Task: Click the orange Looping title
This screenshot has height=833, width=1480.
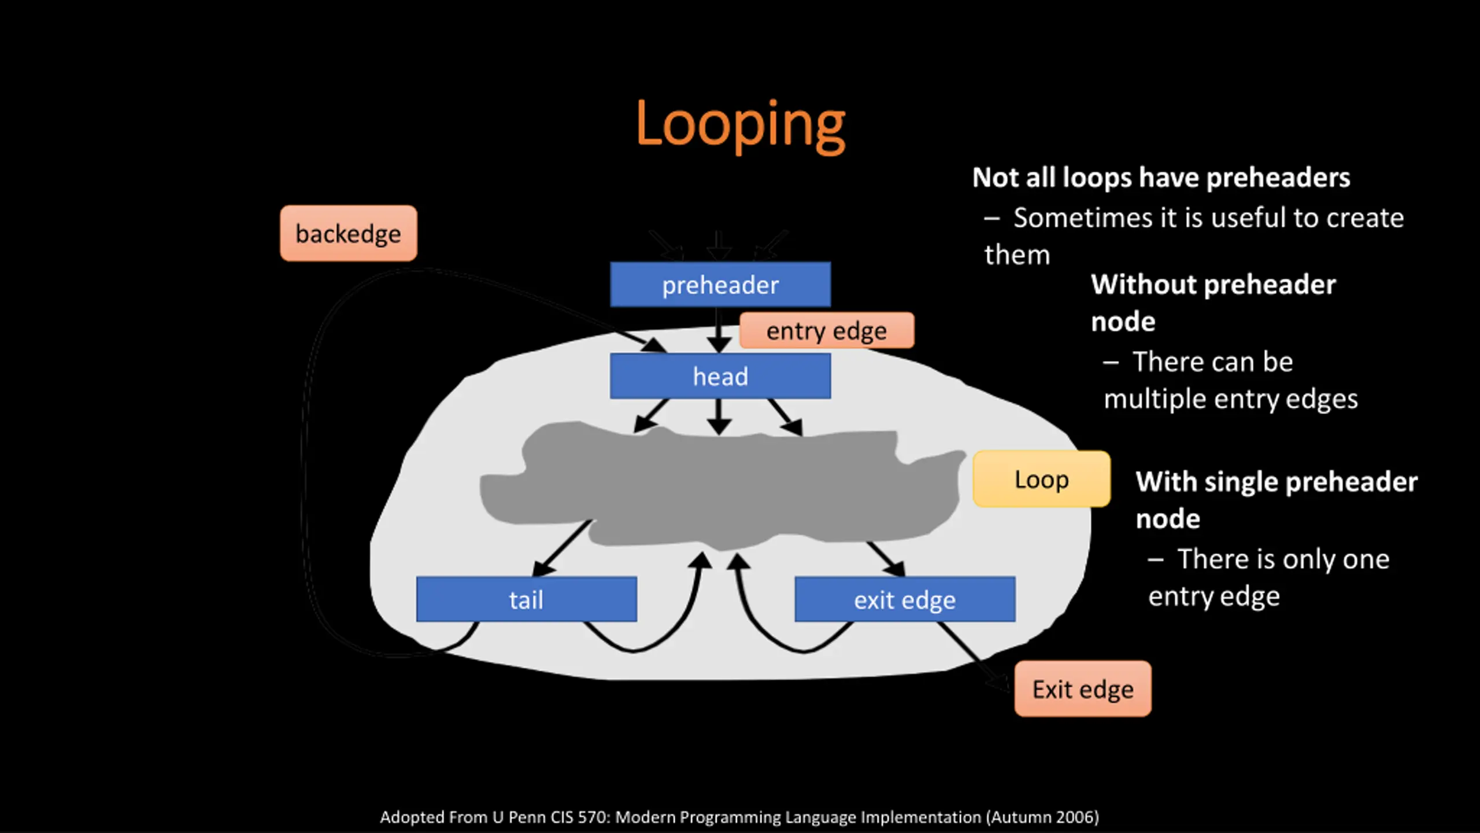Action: (740, 124)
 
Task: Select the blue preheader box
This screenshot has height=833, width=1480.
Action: (720, 285)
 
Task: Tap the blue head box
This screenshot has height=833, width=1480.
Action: (720, 377)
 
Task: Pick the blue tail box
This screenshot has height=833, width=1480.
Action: (526, 600)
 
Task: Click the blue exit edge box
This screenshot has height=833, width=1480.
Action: (905, 600)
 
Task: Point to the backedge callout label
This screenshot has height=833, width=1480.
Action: (348, 234)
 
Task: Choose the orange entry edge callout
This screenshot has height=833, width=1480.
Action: (827, 331)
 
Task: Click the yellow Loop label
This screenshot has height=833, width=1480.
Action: (1041, 480)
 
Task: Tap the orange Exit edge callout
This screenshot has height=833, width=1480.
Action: (1083, 689)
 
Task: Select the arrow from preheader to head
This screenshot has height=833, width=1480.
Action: (719, 330)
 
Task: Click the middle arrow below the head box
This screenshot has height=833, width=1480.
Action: (719, 418)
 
